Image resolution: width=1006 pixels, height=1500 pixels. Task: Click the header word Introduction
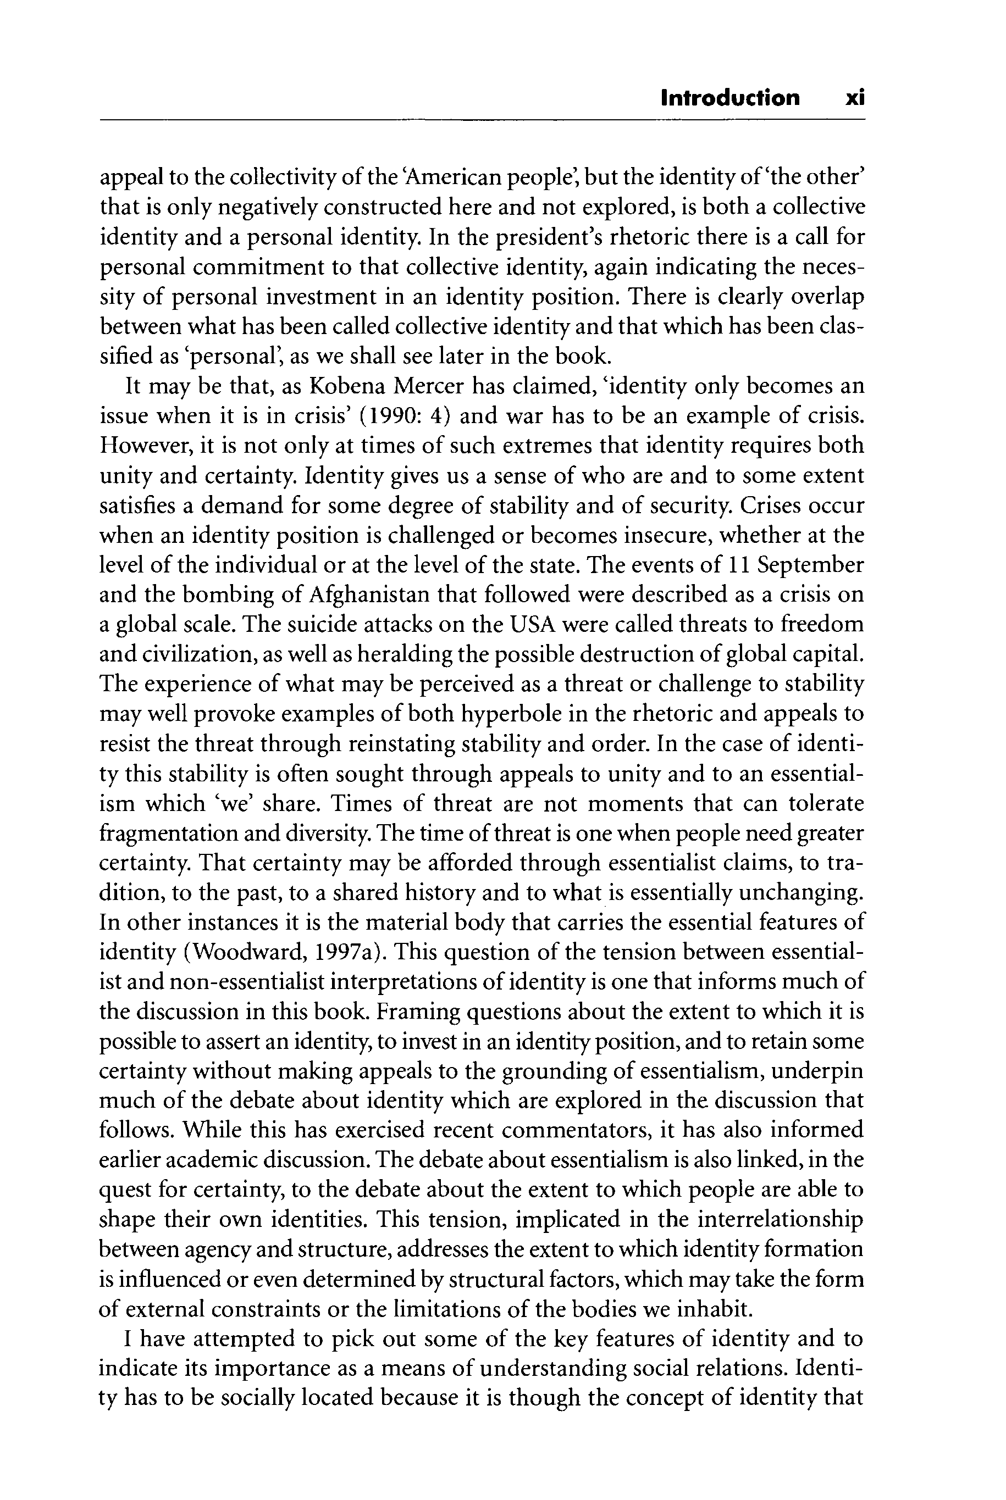point(730,98)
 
